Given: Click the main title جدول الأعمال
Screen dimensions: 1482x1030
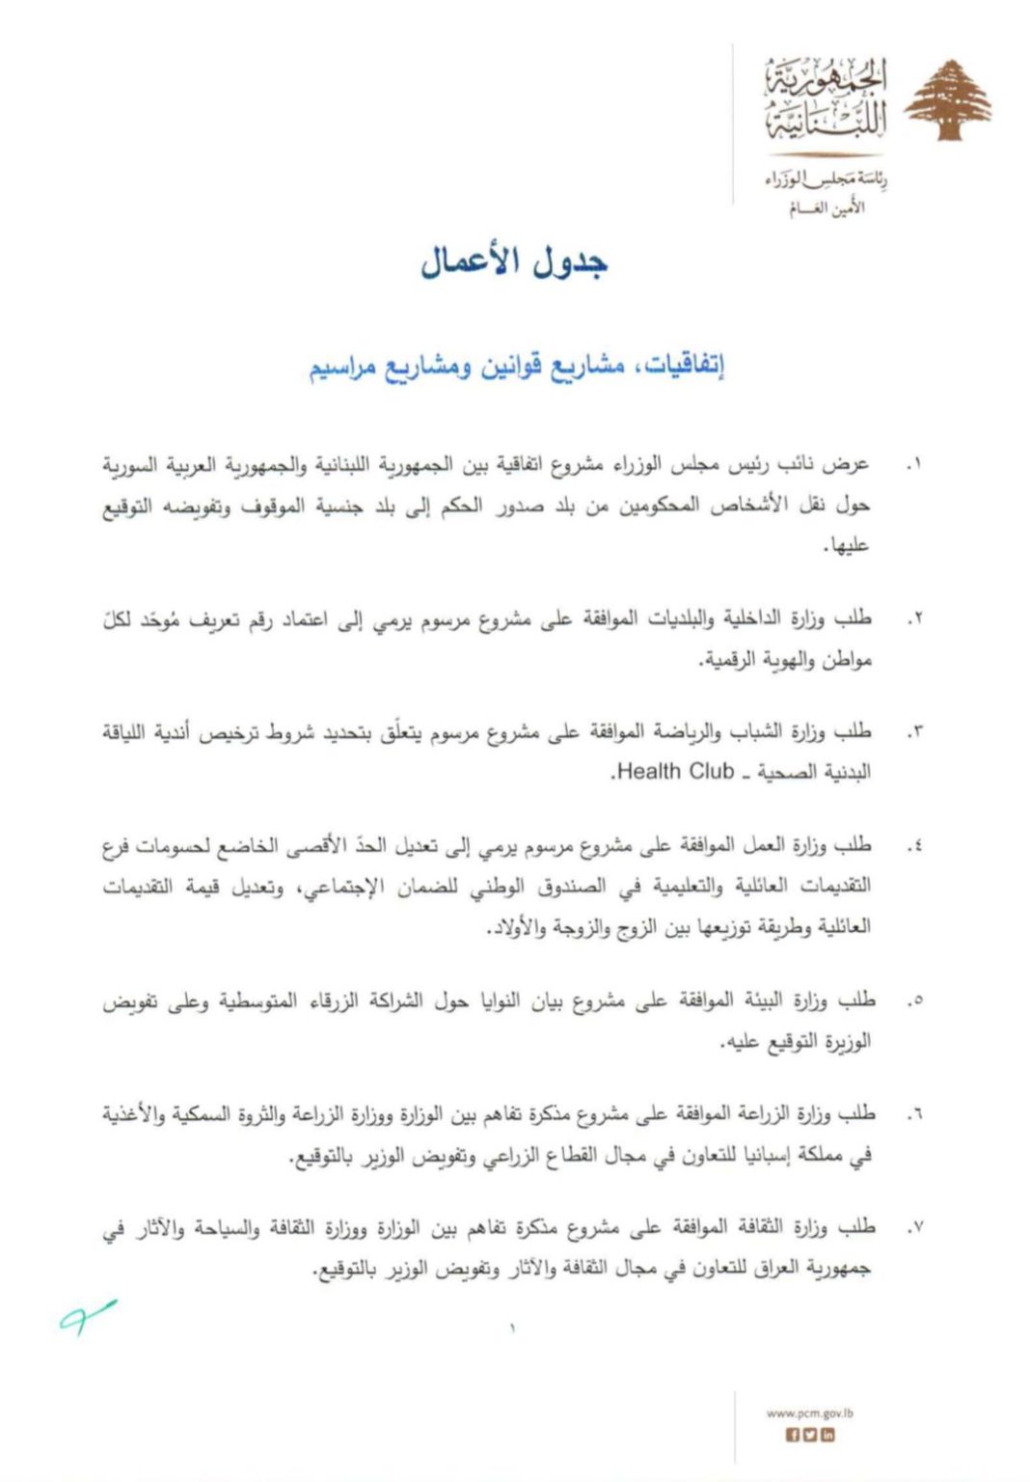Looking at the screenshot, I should click(x=514, y=261).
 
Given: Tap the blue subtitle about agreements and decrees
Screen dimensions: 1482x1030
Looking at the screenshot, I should click(x=517, y=366).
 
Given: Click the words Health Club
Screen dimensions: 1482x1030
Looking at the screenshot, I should click(x=674, y=772).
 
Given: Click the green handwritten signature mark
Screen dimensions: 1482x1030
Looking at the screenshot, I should click(x=87, y=1316).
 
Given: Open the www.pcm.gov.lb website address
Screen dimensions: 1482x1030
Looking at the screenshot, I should click(x=809, y=1413).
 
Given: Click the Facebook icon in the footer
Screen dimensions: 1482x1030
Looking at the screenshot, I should click(x=793, y=1435).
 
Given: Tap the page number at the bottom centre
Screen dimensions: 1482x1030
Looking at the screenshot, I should click(x=513, y=1330).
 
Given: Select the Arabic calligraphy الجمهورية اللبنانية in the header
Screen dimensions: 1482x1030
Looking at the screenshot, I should click(x=826, y=99).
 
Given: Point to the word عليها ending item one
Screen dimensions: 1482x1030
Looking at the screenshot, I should click(x=848, y=546).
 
